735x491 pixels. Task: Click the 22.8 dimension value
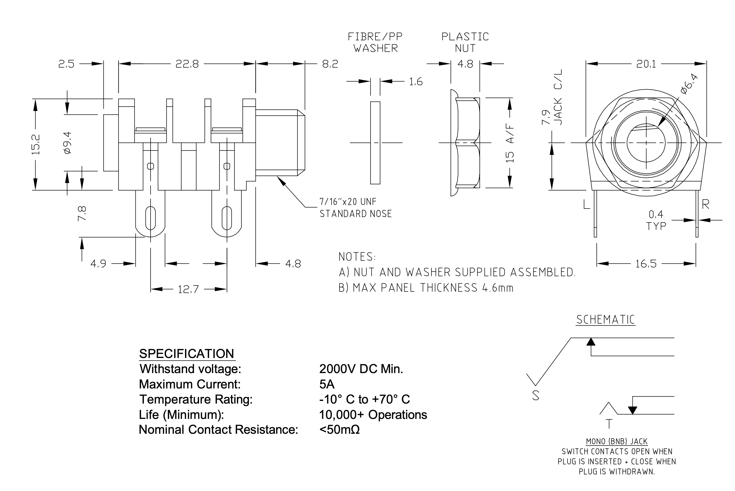(187, 64)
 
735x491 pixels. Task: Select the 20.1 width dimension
(646, 64)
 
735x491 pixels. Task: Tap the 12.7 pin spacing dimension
(188, 289)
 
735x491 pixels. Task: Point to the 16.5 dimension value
(646, 264)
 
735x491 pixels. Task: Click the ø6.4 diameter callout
(689, 84)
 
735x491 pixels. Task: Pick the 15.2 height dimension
(36, 144)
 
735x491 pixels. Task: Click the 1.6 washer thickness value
(416, 82)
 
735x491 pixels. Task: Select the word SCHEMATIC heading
(605, 320)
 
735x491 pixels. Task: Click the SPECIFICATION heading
(187, 354)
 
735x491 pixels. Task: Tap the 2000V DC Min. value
(361, 369)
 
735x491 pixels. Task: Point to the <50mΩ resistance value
(340, 430)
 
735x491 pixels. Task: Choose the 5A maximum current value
(327, 384)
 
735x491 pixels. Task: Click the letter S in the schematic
(536, 396)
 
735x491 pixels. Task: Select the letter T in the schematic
(609, 424)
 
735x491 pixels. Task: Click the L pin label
(587, 205)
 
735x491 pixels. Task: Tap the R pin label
(706, 205)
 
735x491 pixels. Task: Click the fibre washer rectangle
(375, 143)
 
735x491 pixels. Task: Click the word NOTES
(357, 257)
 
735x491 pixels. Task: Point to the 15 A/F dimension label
(510, 143)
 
